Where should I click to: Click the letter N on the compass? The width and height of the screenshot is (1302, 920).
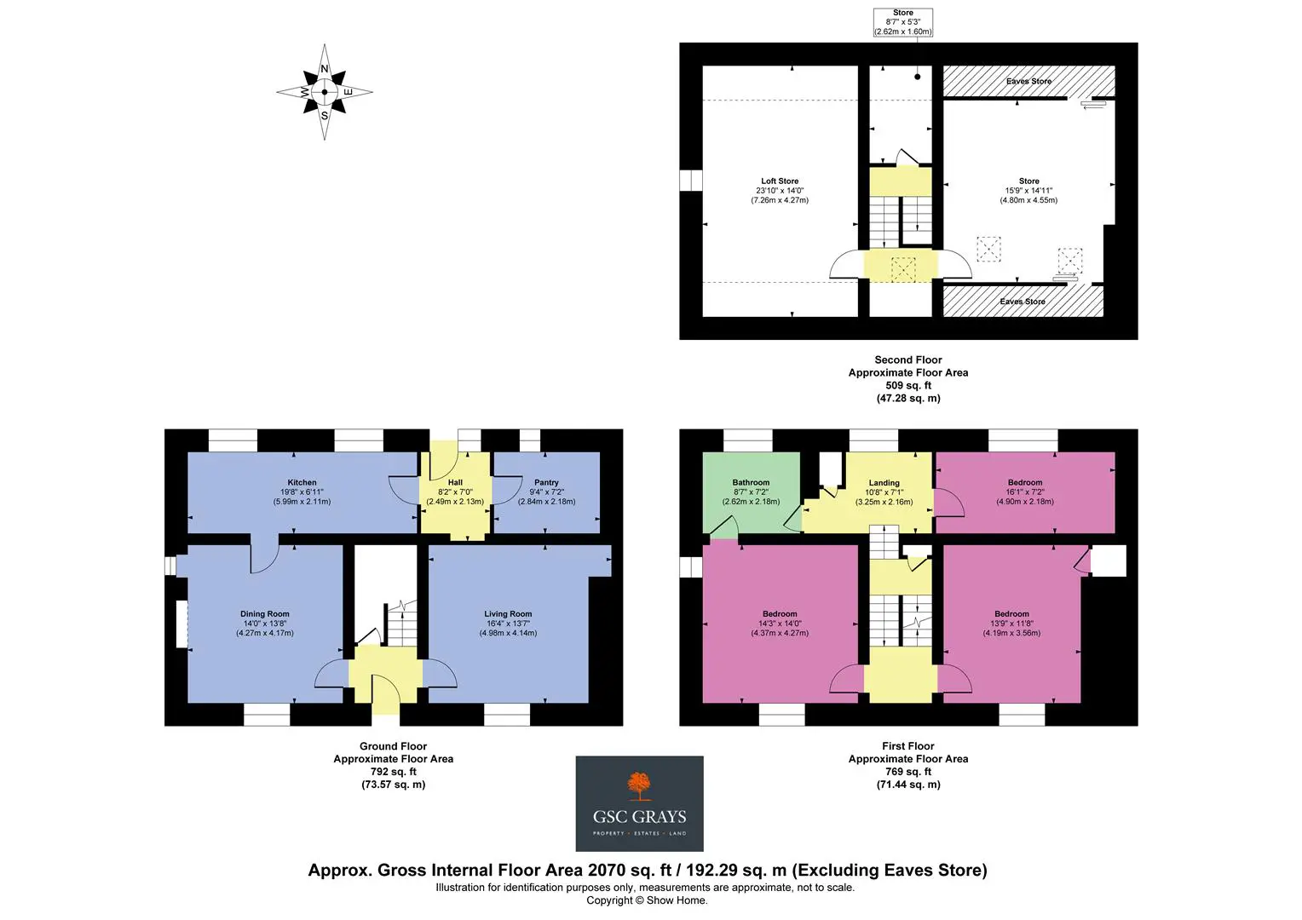(x=325, y=69)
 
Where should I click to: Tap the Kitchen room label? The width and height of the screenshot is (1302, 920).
(x=302, y=482)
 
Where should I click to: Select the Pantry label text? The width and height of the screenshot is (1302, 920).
(x=546, y=482)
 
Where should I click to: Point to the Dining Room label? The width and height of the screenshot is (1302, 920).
(x=264, y=613)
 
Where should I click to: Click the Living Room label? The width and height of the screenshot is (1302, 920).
(x=508, y=613)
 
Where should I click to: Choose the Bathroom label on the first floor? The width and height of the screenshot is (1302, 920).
(x=751, y=482)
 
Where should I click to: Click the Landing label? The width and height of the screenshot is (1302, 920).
(x=884, y=483)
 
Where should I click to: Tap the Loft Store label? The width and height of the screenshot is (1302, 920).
(x=780, y=181)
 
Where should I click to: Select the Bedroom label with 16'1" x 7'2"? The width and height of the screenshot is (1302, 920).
(x=1025, y=482)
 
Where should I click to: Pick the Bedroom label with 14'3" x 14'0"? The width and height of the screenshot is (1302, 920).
(x=780, y=613)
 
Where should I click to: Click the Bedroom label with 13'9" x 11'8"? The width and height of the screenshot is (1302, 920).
(x=1011, y=613)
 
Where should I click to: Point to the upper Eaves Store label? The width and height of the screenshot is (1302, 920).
(x=1028, y=82)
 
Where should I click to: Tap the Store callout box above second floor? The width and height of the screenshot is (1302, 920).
(x=903, y=22)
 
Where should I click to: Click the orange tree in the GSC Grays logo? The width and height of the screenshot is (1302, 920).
(x=639, y=786)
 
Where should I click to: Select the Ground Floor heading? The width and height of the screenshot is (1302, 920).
(x=393, y=745)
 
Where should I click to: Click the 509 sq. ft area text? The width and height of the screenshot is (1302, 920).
(x=908, y=385)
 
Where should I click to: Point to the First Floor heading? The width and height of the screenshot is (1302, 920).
(x=908, y=745)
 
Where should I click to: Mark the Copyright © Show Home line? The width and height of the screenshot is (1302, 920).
(x=647, y=900)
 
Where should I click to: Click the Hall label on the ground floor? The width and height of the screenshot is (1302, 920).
(x=455, y=482)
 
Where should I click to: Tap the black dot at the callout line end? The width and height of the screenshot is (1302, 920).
(x=917, y=77)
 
